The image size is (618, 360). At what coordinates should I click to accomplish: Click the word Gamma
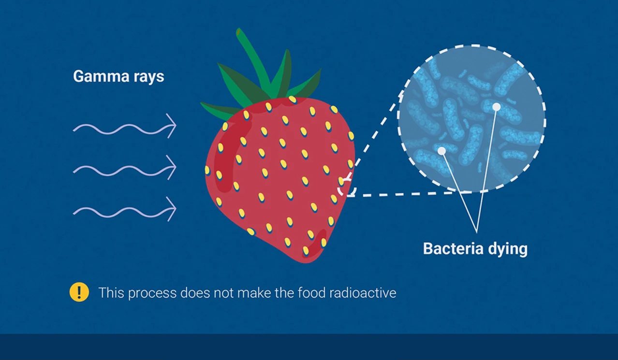(x=101, y=76)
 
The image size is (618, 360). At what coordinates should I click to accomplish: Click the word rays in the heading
(x=149, y=77)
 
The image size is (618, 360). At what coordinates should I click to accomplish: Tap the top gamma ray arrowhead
(x=172, y=126)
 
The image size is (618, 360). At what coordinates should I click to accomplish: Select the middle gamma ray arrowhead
(x=172, y=167)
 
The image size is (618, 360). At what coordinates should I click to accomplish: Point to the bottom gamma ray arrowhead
(x=172, y=209)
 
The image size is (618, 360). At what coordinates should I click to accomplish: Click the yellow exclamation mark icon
(x=79, y=292)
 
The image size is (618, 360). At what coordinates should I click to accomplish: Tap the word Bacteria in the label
(x=453, y=249)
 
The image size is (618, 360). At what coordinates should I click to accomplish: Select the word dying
(x=508, y=250)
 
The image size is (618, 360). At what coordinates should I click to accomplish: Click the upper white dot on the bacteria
(x=496, y=107)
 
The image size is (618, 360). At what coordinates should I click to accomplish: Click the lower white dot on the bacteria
(x=441, y=151)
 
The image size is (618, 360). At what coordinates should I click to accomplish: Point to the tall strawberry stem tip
(x=239, y=31)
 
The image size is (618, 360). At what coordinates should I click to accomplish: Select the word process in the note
(x=152, y=293)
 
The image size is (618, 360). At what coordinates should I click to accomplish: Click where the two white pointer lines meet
(x=477, y=232)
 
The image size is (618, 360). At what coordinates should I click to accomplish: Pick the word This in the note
(x=111, y=292)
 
